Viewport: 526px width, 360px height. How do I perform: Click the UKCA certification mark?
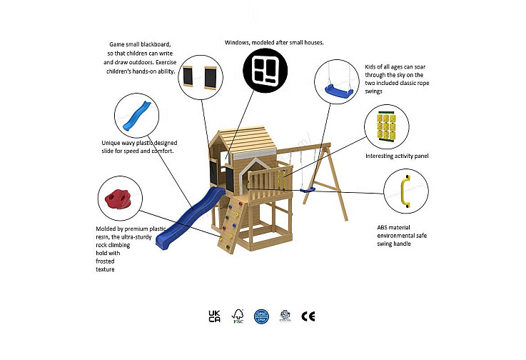[x=214, y=316]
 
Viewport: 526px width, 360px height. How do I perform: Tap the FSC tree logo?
[x=238, y=316]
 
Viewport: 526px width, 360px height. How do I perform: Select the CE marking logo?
[x=308, y=316]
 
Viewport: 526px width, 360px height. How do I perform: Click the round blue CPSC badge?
[x=261, y=316]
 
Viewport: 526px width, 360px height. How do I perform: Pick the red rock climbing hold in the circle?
[x=117, y=199]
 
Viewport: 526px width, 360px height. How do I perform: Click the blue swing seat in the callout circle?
[x=339, y=91]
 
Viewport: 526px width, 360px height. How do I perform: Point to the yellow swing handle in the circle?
[x=405, y=191]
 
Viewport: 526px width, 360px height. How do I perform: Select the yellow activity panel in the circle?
[x=386, y=127]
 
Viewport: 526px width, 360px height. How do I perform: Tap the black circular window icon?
[x=265, y=71]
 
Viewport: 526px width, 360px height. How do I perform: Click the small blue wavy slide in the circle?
[x=136, y=116]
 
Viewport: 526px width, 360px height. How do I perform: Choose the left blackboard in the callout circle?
[x=188, y=76]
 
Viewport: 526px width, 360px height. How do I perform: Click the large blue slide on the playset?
[x=190, y=219]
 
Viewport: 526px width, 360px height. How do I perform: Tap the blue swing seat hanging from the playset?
[x=308, y=190]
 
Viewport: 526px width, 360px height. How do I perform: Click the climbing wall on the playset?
[x=231, y=224]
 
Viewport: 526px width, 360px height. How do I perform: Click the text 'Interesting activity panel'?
[x=397, y=156]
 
